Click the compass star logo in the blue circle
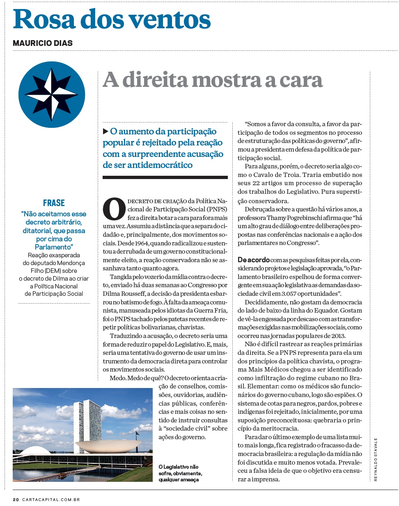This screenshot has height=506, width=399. (52, 95)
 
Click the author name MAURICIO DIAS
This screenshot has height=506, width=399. (43, 43)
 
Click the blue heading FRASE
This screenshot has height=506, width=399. (54, 203)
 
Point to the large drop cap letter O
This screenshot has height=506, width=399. (114, 209)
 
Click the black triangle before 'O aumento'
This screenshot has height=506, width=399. (105, 132)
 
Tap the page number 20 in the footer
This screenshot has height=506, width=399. (16, 499)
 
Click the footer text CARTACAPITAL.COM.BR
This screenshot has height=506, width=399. (51, 499)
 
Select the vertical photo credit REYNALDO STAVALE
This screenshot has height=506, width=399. (375, 459)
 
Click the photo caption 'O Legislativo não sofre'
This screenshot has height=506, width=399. (180, 473)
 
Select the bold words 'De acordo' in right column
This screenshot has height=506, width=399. (254, 260)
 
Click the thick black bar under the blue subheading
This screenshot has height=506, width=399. (165, 177)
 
